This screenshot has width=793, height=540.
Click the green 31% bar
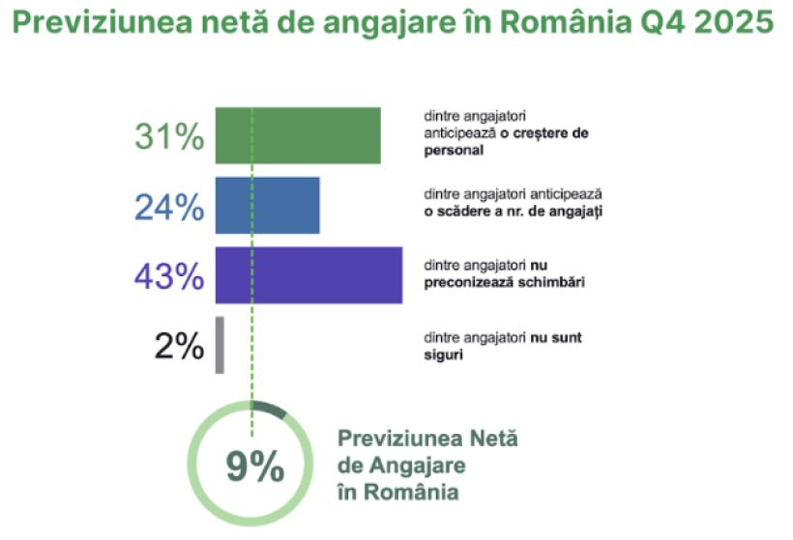[x=298, y=135]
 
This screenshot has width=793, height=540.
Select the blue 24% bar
[x=267, y=205]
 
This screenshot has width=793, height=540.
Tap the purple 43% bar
[x=308, y=275]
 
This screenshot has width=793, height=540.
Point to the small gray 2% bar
[x=220, y=345]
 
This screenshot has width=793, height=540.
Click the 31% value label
[x=169, y=136]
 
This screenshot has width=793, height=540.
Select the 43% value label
[x=169, y=276]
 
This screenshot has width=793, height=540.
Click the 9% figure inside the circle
[x=254, y=468]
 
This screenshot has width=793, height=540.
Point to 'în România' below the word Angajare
[x=397, y=493]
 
